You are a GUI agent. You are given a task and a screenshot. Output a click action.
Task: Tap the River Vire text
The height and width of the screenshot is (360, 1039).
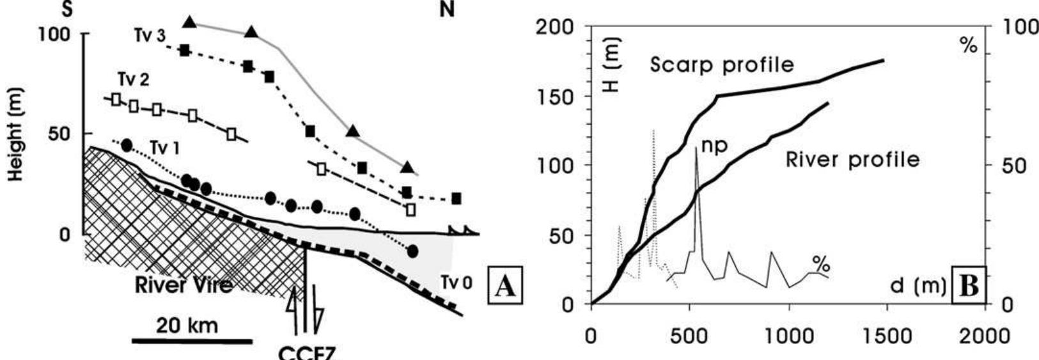[x=184, y=285]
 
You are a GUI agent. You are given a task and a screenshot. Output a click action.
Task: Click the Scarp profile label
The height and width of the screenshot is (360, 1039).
[x=722, y=65]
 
